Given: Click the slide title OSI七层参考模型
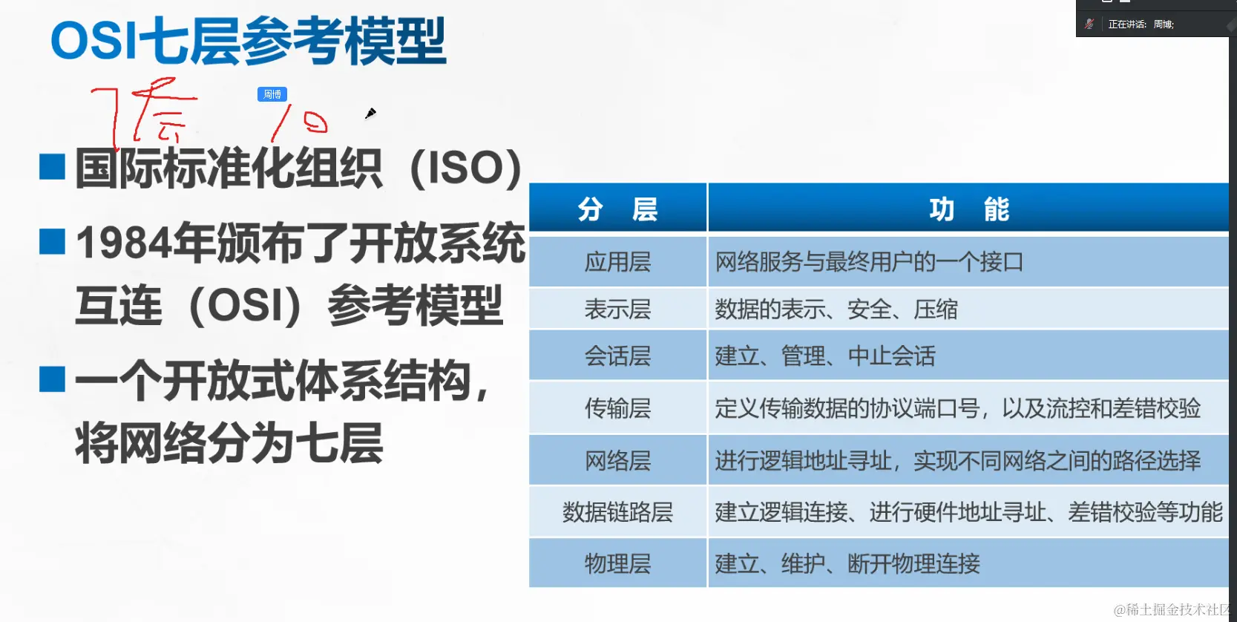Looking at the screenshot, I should coord(249,41).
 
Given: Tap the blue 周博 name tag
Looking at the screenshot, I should coord(272,94).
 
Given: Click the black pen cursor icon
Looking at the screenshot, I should coord(370,113).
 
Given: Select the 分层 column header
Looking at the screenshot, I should coord(617,209).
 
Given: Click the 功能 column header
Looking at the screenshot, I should coord(968,209).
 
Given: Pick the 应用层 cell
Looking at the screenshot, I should coord(617,262).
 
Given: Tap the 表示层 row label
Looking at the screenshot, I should coord(617,309).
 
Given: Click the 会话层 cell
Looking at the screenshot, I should coord(617,356).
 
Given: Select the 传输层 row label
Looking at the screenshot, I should coord(617,408).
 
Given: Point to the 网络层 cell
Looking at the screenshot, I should coord(617,461).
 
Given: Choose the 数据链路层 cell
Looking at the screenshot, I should coord(617,512).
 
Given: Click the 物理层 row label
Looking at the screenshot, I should coord(617,564).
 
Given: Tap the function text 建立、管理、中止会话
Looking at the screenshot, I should coord(825,356).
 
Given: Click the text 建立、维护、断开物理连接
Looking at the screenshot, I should coord(847,564).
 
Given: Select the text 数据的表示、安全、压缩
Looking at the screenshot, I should coord(836,309).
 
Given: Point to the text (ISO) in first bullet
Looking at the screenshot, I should coord(465,168).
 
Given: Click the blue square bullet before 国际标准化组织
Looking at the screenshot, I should coord(52,167).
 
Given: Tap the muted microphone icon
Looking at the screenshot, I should coord(1089,24).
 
